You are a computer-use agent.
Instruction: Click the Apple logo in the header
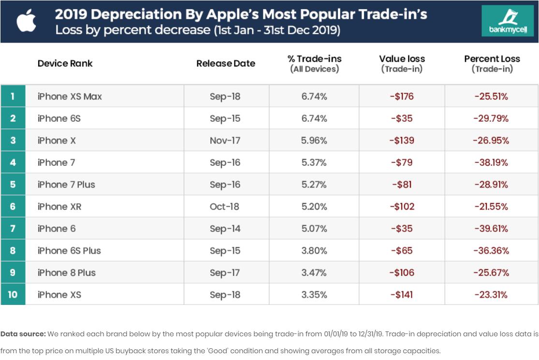pyautogui.click(x=27, y=21)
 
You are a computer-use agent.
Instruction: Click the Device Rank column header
pyautogui.click(x=65, y=63)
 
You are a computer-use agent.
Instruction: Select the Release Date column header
pyautogui.click(x=226, y=63)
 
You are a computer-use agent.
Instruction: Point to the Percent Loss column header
pyautogui.click(x=492, y=63)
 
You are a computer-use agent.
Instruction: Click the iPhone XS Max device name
pyautogui.click(x=70, y=97)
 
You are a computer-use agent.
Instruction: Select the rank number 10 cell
pyautogui.click(x=13, y=295)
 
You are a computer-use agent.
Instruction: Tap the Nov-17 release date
pyautogui.click(x=225, y=141)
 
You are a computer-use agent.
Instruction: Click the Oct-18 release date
pyautogui.click(x=225, y=207)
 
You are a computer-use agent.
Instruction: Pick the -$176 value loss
pyautogui.click(x=401, y=97)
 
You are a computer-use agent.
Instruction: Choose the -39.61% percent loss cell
pyautogui.click(x=491, y=229)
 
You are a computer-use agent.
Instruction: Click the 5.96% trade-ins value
pyautogui.click(x=314, y=141)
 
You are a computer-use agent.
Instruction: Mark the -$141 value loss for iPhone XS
pyautogui.click(x=401, y=295)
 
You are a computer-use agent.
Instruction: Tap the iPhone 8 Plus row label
pyautogui.click(x=67, y=273)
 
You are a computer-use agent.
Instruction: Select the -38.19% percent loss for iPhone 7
pyautogui.click(x=491, y=163)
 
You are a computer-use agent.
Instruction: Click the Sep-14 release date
pyautogui.click(x=225, y=229)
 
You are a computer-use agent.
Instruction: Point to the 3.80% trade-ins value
pyautogui.click(x=314, y=251)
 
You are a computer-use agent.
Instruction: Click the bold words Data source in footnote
pyautogui.click(x=23, y=334)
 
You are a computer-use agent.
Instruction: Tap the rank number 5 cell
pyautogui.click(x=13, y=185)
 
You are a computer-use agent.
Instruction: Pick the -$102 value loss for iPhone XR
pyautogui.click(x=401, y=207)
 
